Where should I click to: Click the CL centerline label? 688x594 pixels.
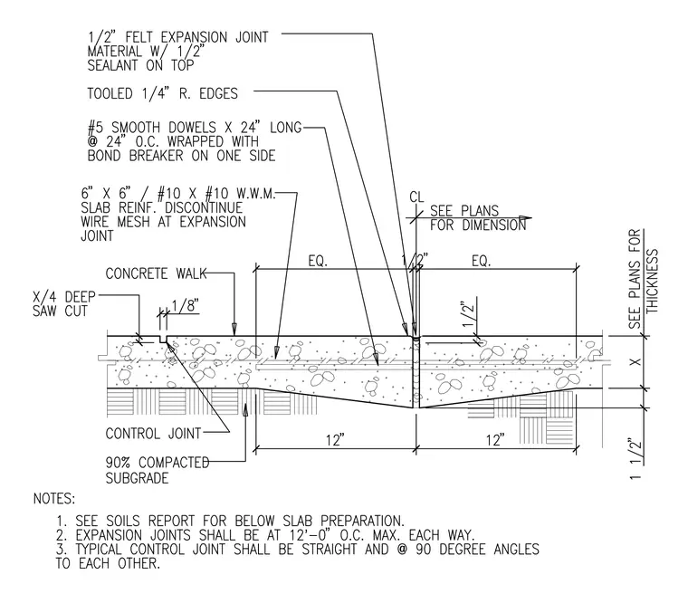tap(416, 196)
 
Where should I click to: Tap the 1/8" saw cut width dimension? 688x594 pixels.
tap(186, 305)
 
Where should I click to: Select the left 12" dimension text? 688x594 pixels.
tap(335, 439)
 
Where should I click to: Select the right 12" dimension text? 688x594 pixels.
tap(496, 439)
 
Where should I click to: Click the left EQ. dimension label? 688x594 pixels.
tap(318, 261)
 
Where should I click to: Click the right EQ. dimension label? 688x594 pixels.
tap(482, 261)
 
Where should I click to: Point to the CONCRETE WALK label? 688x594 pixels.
tap(156, 273)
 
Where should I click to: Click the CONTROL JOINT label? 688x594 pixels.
tap(153, 434)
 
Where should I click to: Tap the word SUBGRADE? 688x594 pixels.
tap(137, 478)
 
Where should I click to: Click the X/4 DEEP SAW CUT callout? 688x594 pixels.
tap(64, 304)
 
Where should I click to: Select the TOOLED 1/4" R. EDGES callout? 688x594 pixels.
tap(162, 93)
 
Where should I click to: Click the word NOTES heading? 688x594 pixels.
tap(54, 499)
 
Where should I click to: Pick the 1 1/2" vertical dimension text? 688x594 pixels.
tap(635, 458)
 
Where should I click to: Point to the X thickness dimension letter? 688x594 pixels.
tap(635, 362)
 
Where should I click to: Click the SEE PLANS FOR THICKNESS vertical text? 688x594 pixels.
tap(644, 279)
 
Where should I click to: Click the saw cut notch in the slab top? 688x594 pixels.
tap(163, 340)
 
